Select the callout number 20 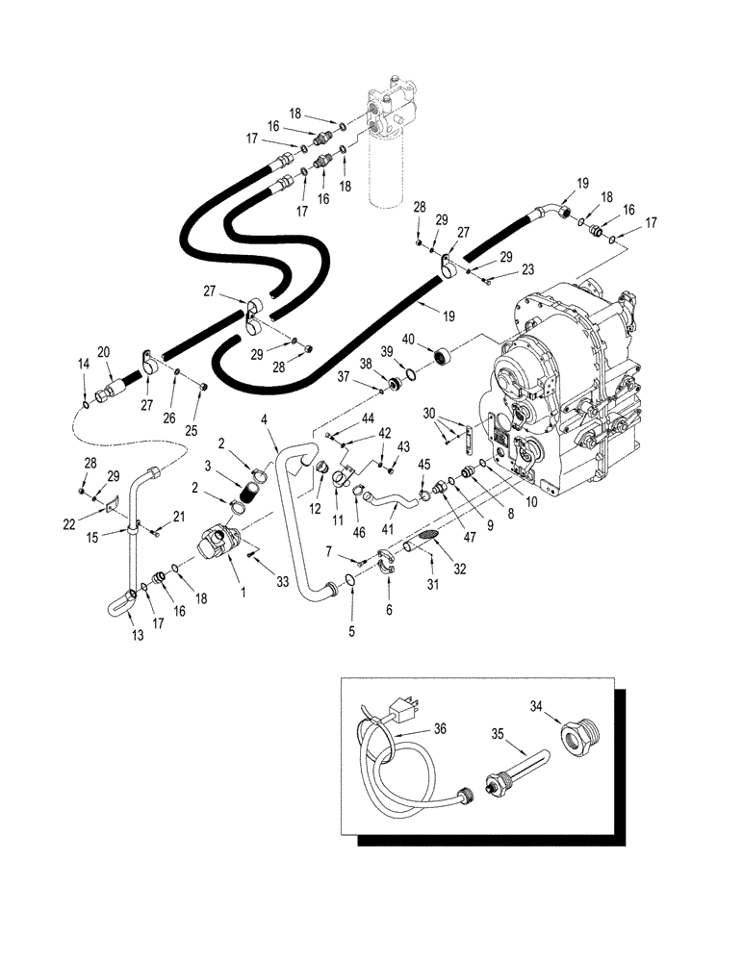(104, 351)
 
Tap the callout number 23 (500, 270)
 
